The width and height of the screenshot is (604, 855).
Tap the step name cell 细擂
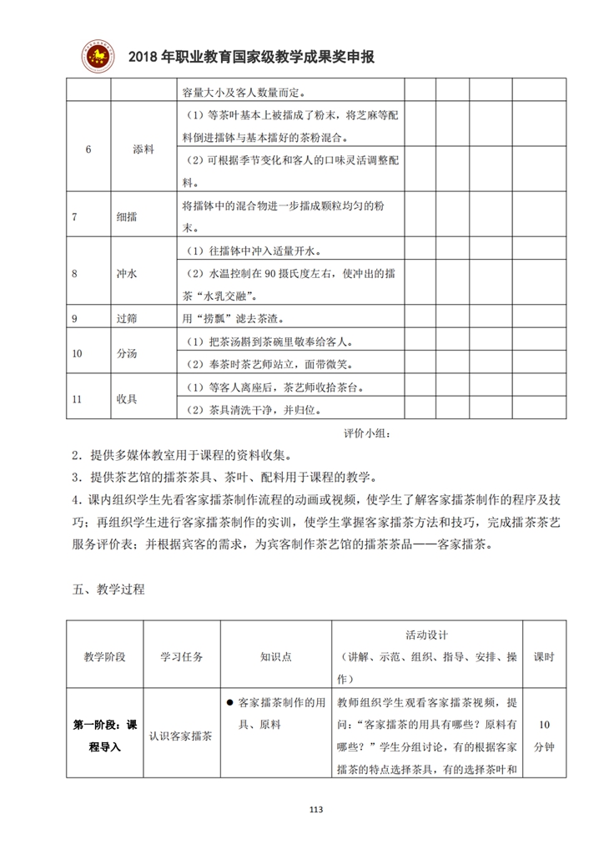pos(128,216)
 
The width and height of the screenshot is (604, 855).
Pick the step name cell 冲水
pos(128,273)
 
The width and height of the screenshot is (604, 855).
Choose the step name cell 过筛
pos(128,318)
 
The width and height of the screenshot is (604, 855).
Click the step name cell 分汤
pos(128,353)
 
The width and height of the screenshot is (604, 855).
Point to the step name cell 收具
pos(128,398)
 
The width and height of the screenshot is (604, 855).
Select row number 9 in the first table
pos(76,318)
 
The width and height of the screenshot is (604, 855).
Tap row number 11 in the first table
pos(78,398)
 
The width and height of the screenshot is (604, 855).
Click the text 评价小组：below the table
pos(366,434)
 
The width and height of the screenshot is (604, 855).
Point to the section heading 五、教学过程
pos(108,589)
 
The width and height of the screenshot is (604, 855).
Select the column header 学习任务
pos(181,656)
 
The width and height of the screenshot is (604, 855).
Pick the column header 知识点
pos(275,656)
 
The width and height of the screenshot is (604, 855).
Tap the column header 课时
pos(544,656)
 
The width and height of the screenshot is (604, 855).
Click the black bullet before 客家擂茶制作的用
pos(229,702)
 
